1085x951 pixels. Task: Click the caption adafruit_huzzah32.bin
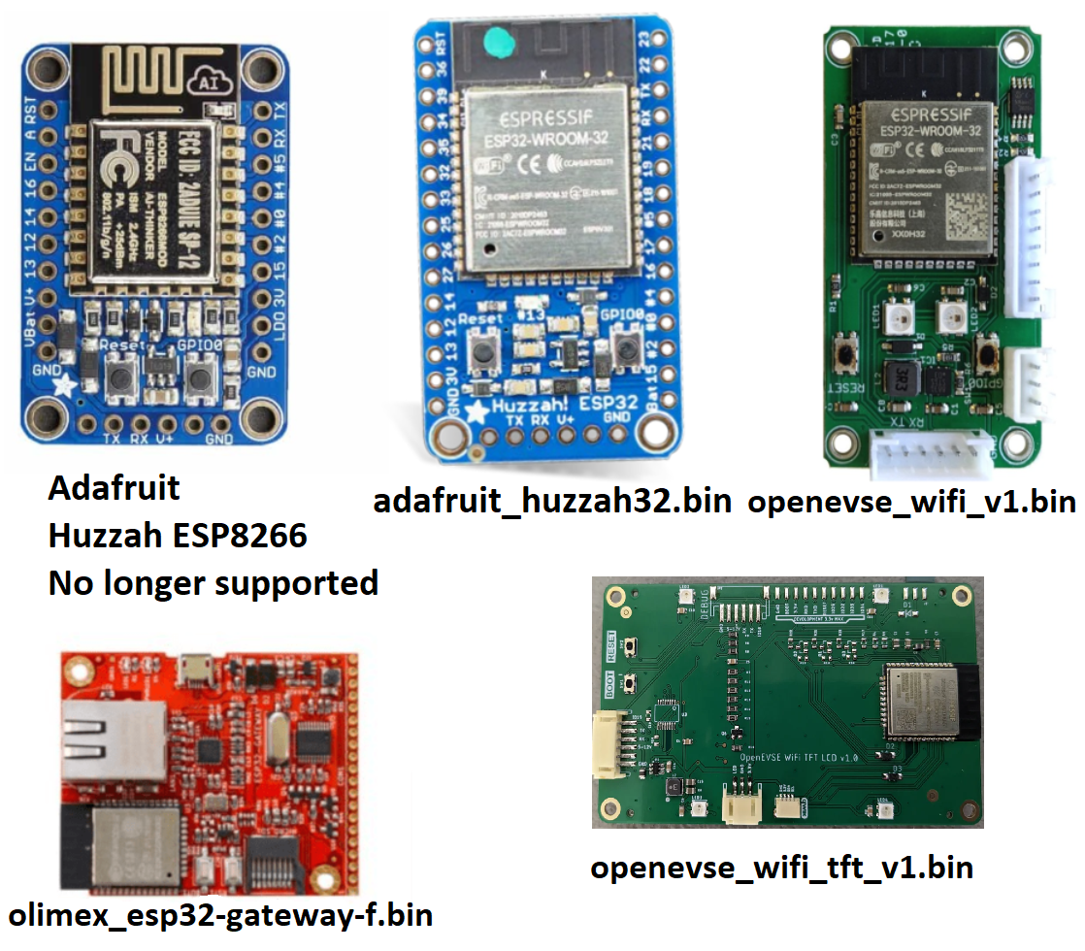(552, 502)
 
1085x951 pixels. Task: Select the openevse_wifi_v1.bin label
(911, 502)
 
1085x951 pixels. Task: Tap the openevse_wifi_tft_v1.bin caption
(781, 866)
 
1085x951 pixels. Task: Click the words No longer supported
(214, 582)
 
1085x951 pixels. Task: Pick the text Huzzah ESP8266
(178, 535)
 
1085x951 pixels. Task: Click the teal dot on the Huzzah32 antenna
(497, 41)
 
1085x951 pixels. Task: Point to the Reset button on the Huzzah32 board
(480, 352)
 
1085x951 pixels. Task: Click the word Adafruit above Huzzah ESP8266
(115, 487)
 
